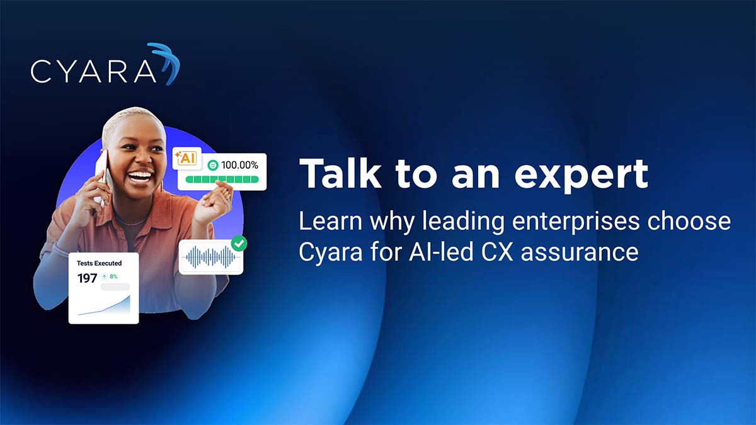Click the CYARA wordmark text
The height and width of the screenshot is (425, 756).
point(93,71)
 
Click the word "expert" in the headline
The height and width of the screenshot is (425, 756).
point(581,176)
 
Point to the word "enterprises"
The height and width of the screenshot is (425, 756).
point(575,222)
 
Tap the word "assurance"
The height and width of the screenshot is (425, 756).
point(580,253)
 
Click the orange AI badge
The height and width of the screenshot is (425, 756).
point(186,158)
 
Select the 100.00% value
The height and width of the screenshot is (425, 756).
point(239,165)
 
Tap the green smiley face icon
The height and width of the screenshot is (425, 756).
point(213,165)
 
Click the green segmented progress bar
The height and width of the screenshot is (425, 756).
point(222,179)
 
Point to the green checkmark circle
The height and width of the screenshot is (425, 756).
point(239,243)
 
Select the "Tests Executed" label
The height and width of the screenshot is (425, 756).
point(100,263)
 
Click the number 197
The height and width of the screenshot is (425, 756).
point(87,278)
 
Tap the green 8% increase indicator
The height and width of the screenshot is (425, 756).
point(110,276)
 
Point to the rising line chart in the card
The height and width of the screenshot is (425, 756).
point(104,305)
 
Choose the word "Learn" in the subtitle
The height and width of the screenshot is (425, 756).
point(330,221)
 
